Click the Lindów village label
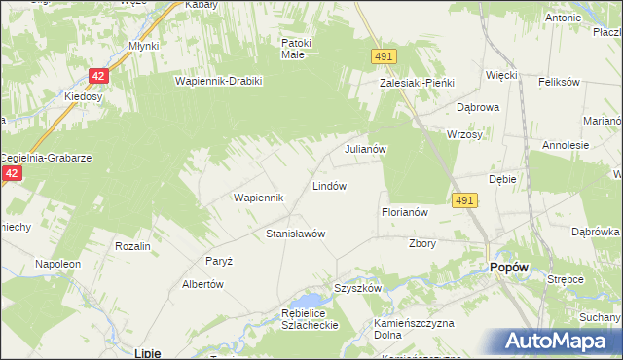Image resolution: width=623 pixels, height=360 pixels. click(329, 185)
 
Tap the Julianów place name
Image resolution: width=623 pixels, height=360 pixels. click(367, 150)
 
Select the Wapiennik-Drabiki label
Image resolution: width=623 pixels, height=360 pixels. click(219, 81)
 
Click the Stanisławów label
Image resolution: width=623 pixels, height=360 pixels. click(295, 234)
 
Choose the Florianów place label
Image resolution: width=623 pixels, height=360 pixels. click(405, 211)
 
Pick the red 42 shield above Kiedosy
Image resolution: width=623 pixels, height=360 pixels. click(99, 75)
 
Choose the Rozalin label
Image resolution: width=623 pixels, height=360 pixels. click(132, 246)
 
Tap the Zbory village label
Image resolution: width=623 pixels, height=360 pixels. click(422, 243)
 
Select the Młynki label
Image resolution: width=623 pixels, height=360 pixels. click(143, 46)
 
